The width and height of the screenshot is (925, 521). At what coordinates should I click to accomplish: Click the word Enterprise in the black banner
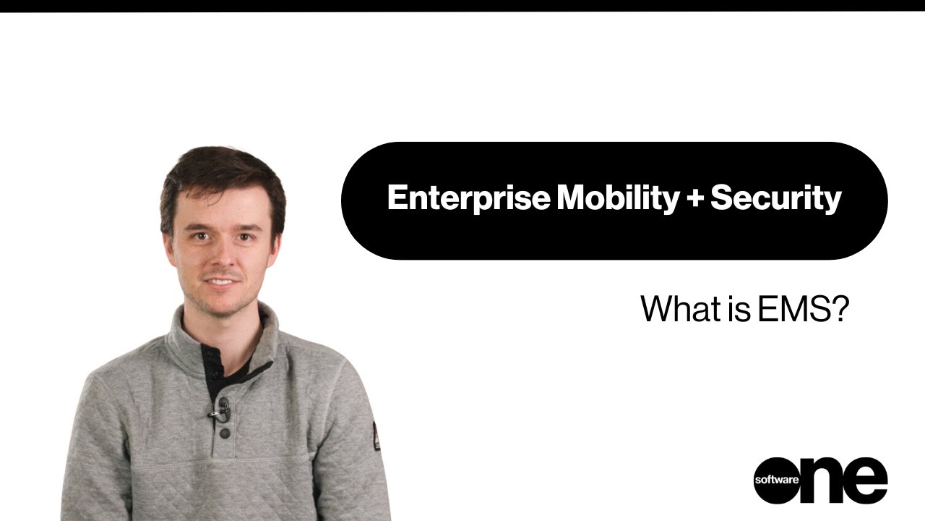[468, 198]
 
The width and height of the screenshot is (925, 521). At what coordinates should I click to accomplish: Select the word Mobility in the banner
[617, 198]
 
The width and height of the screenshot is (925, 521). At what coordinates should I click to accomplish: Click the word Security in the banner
[775, 198]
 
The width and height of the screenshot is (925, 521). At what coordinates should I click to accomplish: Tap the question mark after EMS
[839, 309]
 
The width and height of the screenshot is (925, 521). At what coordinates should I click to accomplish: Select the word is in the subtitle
[739, 309]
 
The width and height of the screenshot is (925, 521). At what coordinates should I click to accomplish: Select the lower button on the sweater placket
[225, 433]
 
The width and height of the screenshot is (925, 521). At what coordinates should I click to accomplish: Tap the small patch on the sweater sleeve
[376, 436]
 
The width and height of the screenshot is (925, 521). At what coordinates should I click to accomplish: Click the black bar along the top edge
[462, 5]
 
